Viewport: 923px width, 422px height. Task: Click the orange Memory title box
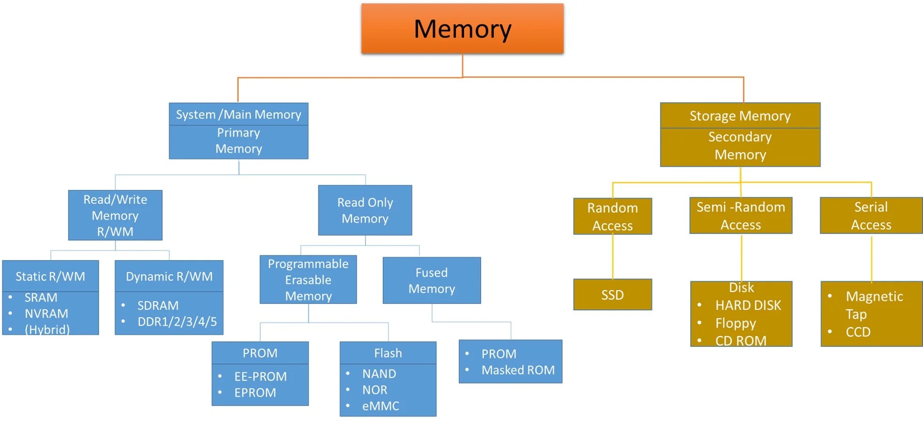point(462,29)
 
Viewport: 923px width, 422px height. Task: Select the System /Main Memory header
point(238,115)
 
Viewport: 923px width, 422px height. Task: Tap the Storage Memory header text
point(740,116)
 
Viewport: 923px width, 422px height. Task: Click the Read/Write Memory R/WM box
point(115,215)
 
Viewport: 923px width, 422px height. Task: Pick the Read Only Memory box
point(365,210)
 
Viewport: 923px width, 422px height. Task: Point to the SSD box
point(613,295)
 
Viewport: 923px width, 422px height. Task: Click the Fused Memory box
point(432,281)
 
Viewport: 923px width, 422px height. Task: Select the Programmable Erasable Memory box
point(308,280)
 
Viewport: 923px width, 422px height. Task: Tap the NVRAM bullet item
point(46,314)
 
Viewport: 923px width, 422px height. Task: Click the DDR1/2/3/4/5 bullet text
point(177,322)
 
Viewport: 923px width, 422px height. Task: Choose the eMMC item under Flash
point(380,406)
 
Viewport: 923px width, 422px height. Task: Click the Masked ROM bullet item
point(518,370)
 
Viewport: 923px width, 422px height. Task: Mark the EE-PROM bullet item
point(260,376)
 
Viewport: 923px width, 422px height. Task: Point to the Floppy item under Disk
point(736,323)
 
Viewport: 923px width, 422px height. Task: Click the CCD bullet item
point(858,332)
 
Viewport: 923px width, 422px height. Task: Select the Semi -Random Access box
point(741,216)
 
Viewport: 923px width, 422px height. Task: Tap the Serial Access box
point(871,216)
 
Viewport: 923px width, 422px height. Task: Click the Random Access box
point(613,216)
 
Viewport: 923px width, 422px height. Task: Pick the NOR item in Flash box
point(374,390)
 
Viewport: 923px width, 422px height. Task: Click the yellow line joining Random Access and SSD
point(613,257)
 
